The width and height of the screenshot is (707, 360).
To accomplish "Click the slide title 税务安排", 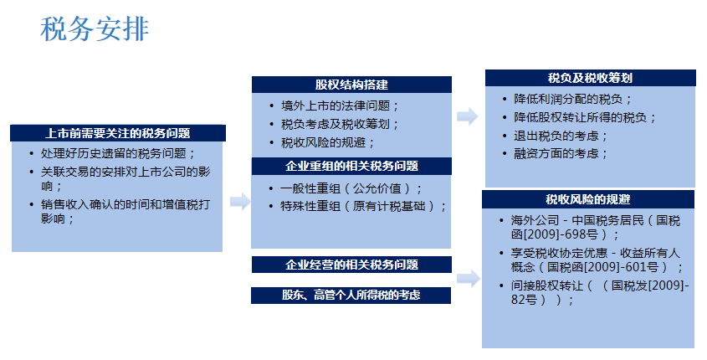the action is click(x=95, y=28).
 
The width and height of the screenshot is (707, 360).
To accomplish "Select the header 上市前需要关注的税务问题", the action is click(x=118, y=133).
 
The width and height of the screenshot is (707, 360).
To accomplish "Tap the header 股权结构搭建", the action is click(x=351, y=85).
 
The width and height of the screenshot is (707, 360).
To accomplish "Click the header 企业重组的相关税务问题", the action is click(x=351, y=166).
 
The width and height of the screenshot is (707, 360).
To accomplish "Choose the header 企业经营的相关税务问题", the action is click(x=351, y=265).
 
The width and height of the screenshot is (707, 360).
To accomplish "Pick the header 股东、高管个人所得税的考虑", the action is click(x=351, y=295).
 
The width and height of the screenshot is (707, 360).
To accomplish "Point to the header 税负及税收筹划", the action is click(x=590, y=78).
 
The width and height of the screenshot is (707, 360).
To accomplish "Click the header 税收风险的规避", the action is click(x=588, y=199).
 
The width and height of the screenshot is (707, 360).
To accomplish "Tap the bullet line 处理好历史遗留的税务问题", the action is click(x=117, y=153).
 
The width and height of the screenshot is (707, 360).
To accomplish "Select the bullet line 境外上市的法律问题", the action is click(x=340, y=106).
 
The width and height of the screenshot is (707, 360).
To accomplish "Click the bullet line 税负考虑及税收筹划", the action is click(x=340, y=124).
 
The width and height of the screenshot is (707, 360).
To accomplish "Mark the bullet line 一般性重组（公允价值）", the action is click(x=351, y=188).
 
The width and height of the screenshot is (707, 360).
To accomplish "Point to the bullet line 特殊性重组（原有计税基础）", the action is click(x=363, y=206).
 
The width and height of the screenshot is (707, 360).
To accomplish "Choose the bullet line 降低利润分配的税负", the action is click(x=572, y=100).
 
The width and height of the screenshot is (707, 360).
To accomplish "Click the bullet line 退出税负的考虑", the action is click(x=561, y=136).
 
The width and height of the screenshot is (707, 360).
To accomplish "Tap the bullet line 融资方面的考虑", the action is click(x=561, y=154).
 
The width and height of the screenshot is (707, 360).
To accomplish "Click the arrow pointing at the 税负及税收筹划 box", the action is click(x=468, y=116).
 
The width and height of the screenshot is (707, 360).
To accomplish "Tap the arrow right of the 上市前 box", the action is click(x=240, y=202).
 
